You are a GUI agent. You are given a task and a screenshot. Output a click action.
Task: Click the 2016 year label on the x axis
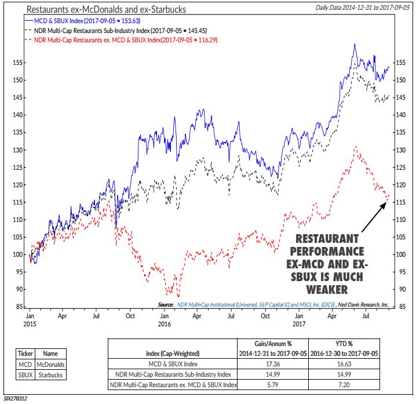tap(165, 326)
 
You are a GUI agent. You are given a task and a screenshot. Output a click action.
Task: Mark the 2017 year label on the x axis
tap(298, 326)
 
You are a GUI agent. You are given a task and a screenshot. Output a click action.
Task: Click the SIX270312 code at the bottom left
tap(16, 399)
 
